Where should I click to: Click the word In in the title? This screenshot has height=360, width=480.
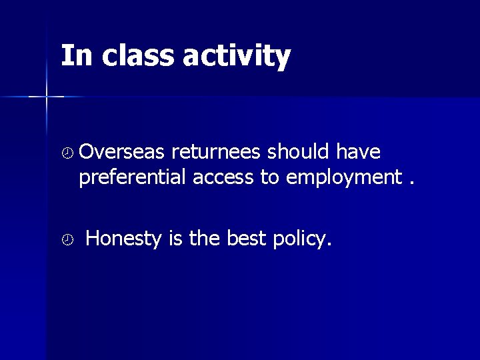(74, 56)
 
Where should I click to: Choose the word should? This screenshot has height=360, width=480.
(299, 153)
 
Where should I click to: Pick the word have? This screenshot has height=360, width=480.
(358, 153)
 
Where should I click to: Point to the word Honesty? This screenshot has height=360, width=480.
(124, 239)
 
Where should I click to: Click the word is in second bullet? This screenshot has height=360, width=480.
(176, 238)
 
